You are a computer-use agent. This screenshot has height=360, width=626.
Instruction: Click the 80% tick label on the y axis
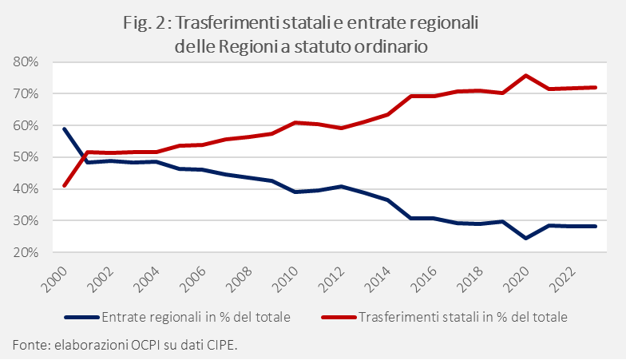pyautogui.click(x=26, y=62)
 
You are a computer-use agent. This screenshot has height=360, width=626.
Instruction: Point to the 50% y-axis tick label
pyautogui.click(x=26, y=156)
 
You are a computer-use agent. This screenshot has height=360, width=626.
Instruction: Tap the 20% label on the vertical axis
pyautogui.click(x=26, y=252)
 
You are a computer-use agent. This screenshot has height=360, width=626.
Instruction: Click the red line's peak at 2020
pyautogui.click(x=525, y=75)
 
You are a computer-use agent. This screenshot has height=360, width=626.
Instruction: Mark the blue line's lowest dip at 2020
pyautogui.click(x=525, y=239)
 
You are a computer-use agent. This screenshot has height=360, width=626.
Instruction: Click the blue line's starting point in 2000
pyautogui.click(x=64, y=129)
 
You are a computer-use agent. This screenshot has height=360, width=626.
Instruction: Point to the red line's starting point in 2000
pyautogui.click(x=64, y=185)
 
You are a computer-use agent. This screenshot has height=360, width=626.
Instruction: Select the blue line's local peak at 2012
pyautogui.click(x=341, y=186)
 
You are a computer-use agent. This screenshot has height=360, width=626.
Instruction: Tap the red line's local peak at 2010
pyautogui.click(x=295, y=122)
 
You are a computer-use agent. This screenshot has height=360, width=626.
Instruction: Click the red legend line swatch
pyautogui.click(x=339, y=318)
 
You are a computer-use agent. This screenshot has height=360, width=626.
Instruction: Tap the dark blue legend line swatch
pyautogui.click(x=81, y=318)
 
